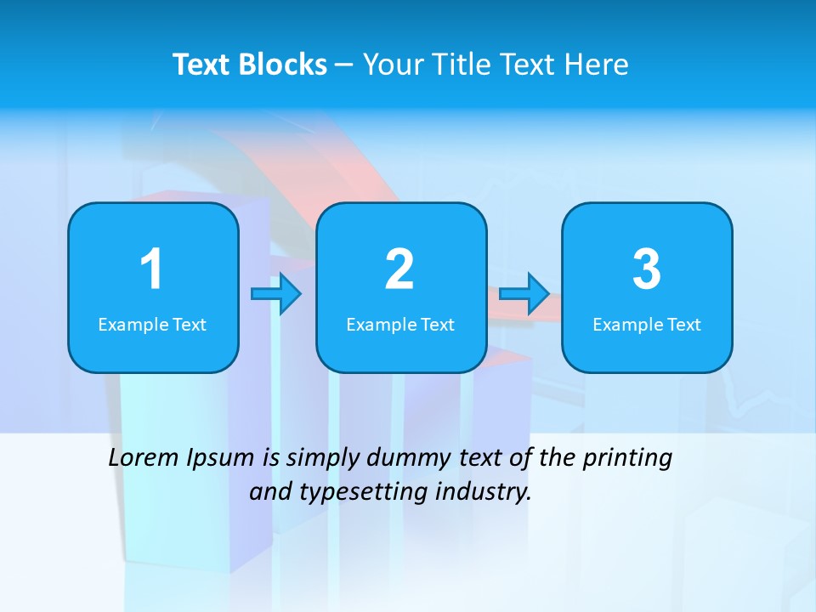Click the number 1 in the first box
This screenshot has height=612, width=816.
pyautogui.click(x=151, y=269)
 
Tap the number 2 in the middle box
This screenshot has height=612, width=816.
pyautogui.click(x=399, y=269)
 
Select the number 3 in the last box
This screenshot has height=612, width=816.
pyautogui.click(x=647, y=269)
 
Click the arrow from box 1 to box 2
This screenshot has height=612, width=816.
pyautogui.click(x=277, y=294)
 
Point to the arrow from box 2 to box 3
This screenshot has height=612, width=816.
pyautogui.click(x=524, y=294)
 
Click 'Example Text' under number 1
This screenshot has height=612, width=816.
pyautogui.click(x=152, y=324)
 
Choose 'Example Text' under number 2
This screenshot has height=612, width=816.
pyautogui.click(x=400, y=324)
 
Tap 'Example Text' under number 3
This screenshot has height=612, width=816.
pyautogui.click(x=647, y=324)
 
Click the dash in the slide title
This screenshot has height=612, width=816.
pyautogui.click(x=344, y=65)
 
